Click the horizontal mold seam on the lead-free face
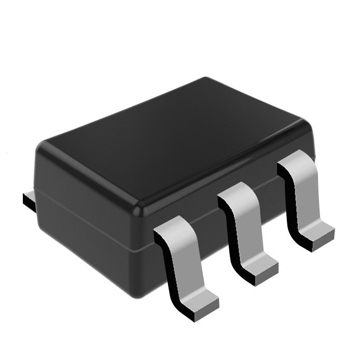[83, 218]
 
